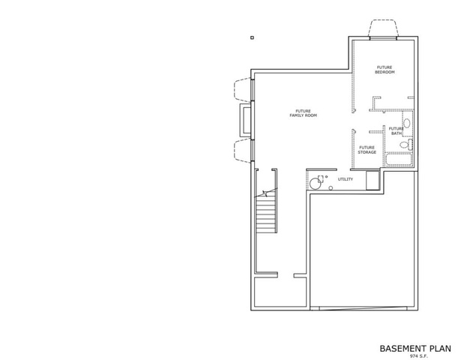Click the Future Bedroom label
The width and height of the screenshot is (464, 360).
[x=385, y=70]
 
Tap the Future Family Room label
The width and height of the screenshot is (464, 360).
[x=304, y=113]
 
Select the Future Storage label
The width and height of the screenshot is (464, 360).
[x=367, y=150]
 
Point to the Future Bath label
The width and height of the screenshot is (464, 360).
[x=396, y=130]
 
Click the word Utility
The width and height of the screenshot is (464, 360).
[x=346, y=179]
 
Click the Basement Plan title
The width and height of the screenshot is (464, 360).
[x=415, y=349]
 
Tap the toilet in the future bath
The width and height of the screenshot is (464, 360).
[x=406, y=145]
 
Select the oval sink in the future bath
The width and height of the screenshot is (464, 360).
[x=407, y=123]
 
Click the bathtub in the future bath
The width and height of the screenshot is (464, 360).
[x=399, y=160]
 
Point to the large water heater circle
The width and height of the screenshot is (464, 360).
[x=316, y=184]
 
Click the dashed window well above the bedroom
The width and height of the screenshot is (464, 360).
[x=383, y=28]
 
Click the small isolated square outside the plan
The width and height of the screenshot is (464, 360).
[x=252, y=37]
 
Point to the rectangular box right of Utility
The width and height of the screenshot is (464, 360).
[x=373, y=180]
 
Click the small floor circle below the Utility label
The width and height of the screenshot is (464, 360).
[x=331, y=188]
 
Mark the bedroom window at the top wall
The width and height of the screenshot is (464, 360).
[x=383, y=38]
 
